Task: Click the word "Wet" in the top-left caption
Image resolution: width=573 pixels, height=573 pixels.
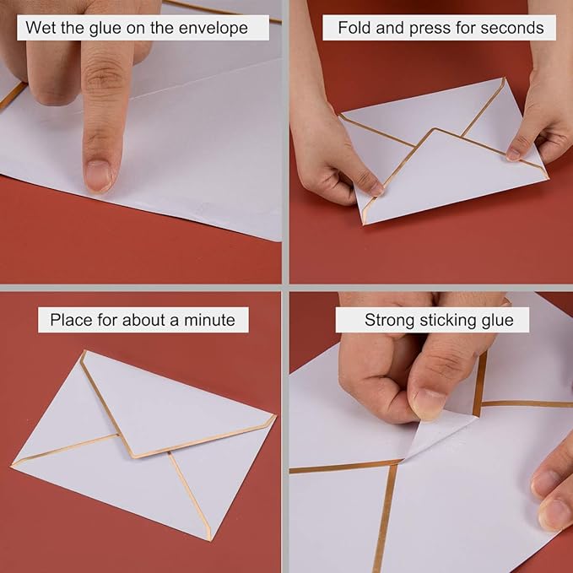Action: [x=39, y=28]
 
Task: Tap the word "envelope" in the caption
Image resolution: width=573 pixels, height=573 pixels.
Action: [x=215, y=28]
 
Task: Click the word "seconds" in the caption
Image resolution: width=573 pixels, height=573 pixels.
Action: [x=511, y=28]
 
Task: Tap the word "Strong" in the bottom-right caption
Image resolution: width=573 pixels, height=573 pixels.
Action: [x=389, y=321]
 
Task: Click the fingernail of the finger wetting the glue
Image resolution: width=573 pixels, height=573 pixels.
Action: [x=98, y=176]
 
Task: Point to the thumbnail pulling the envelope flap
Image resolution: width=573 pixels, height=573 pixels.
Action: [x=429, y=404]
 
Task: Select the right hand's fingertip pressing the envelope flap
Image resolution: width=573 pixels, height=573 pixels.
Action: [x=516, y=153]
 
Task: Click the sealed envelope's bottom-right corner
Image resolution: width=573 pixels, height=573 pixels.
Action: [x=208, y=538]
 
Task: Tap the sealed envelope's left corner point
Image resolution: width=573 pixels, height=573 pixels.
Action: [x=13, y=465]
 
